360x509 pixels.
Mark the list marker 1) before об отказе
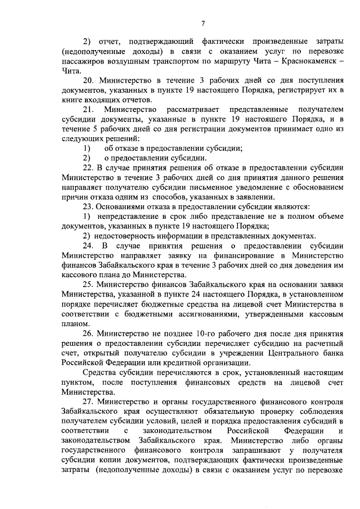pyautogui.click(x=85, y=148)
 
